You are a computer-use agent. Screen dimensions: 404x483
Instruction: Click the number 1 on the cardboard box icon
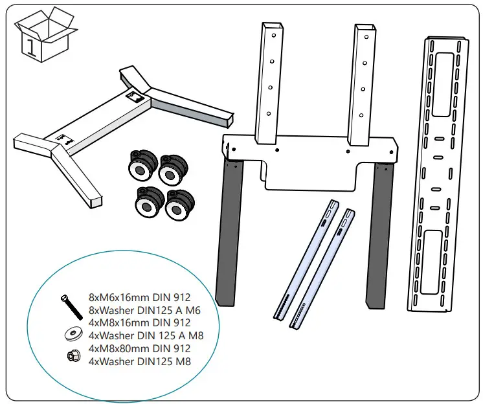pos(30,46)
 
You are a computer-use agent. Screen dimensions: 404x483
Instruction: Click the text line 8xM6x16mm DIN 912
pos(139,297)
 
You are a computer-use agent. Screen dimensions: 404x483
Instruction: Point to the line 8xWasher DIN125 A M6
pos(144,310)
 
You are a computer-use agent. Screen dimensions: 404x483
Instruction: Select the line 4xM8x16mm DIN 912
pos(139,322)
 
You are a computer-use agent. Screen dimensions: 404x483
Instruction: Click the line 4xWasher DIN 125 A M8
pos(148,335)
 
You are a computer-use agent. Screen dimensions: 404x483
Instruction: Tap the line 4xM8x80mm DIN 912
pos(139,348)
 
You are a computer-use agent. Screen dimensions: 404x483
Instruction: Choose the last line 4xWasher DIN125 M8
pos(140,361)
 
